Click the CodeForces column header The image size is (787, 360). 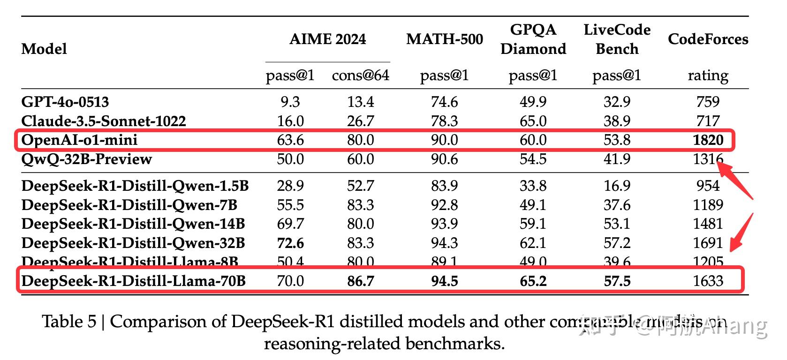pyautogui.click(x=707, y=39)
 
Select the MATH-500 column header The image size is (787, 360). pyautogui.click(x=444, y=39)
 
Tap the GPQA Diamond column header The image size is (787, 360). pyautogui.click(x=533, y=39)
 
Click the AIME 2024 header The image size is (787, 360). pyautogui.click(x=327, y=39)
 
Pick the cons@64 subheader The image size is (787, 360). pyautogui.click(x=360, y=75)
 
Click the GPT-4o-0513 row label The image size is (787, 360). pyautogui.click(x=65, y=102)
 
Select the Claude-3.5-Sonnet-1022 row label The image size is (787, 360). pyautogui.click(x=104, y=121)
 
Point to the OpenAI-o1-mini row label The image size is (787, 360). pyautogui.click(x=79, y=140)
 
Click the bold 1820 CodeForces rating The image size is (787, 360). pyautogui.click(x=708, y=140)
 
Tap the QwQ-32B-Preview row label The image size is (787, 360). pyautogui.click(x=86, y=159)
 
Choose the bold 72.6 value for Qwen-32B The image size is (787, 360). pyautogui.click(x=290, y=243)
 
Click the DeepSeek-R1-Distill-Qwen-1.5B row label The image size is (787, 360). pyautogui.click(x=135, y=186)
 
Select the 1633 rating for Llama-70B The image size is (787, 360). pyautogui.click(x=708, y=281)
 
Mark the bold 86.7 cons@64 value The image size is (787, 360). pyautogui.click(x=360, y=281)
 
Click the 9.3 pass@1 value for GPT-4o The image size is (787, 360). pyautogui.click(x=290, y=102)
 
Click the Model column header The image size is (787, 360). pyautogui.click(x=44, y=49)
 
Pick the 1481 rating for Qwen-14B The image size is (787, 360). pyautogui.click(x=708, y=224)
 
